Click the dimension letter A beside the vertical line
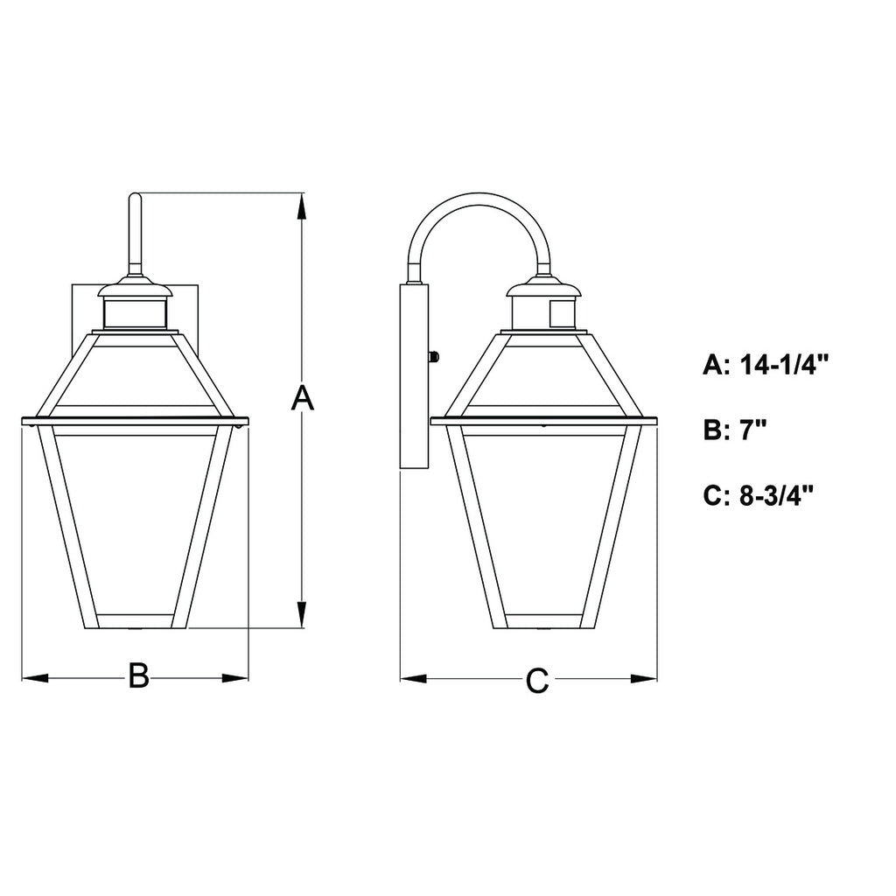302,398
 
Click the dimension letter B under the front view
138,676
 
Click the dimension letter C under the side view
537,680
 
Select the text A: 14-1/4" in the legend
766,364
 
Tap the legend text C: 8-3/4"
759,495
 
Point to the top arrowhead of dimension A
302,206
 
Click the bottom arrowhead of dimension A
302,614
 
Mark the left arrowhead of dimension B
35,678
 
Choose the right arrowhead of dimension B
235,678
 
